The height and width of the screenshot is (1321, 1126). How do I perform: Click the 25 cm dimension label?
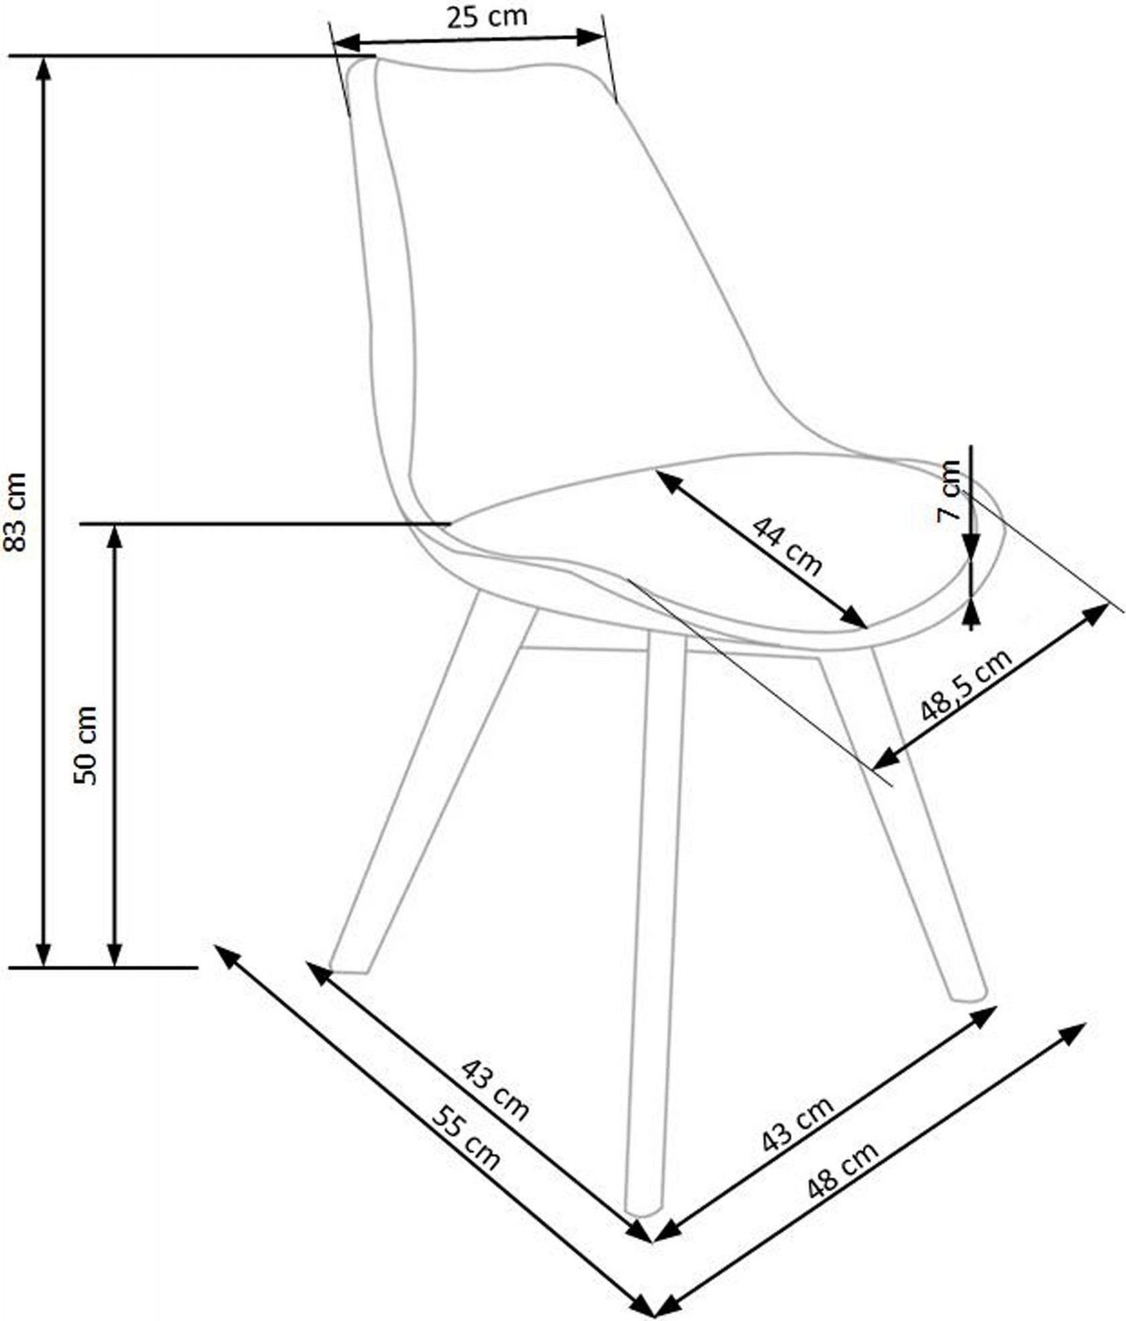(487, 16)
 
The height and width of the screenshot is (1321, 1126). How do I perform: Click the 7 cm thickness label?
(949, 491)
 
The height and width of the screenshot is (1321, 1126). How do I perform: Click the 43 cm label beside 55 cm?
(495, 1088)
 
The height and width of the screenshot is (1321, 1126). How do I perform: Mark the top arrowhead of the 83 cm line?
(44, 64)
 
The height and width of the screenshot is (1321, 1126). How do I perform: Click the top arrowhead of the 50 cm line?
(115, 532)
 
